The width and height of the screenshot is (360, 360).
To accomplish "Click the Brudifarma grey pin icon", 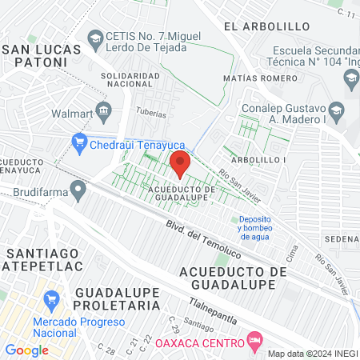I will click(78, 190).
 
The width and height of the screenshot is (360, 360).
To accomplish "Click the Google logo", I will click(27, 350).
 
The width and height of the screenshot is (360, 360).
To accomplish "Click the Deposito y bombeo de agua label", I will click(254, 228).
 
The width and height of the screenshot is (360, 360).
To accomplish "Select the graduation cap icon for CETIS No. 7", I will click(96, 38).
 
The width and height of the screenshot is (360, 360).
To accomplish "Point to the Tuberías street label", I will click(152, 113).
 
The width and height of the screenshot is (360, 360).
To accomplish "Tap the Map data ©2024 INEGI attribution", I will click(312, 354).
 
